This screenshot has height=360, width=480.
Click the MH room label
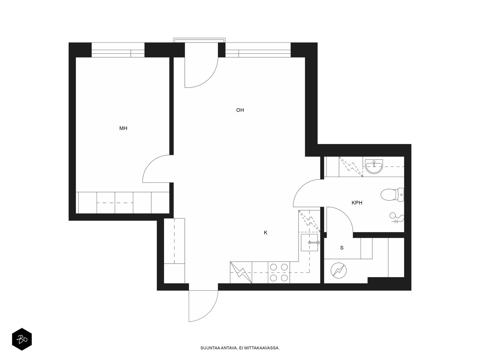(123, 128)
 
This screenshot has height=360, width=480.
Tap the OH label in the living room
(240, 110)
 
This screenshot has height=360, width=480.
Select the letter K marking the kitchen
(265, 232)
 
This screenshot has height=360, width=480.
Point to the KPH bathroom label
(357, 203)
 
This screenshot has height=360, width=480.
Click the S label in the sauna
(342, 248)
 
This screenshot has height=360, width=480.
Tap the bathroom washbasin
(374, 166)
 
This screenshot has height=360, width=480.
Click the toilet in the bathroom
(392, 194)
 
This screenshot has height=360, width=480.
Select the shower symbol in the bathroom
(397, 218)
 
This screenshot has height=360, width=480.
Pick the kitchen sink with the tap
(309, 243)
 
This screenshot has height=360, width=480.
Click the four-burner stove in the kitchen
(279, 273)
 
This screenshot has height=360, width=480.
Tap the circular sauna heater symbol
(338, 271)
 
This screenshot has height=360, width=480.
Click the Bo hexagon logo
(22, 339)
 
